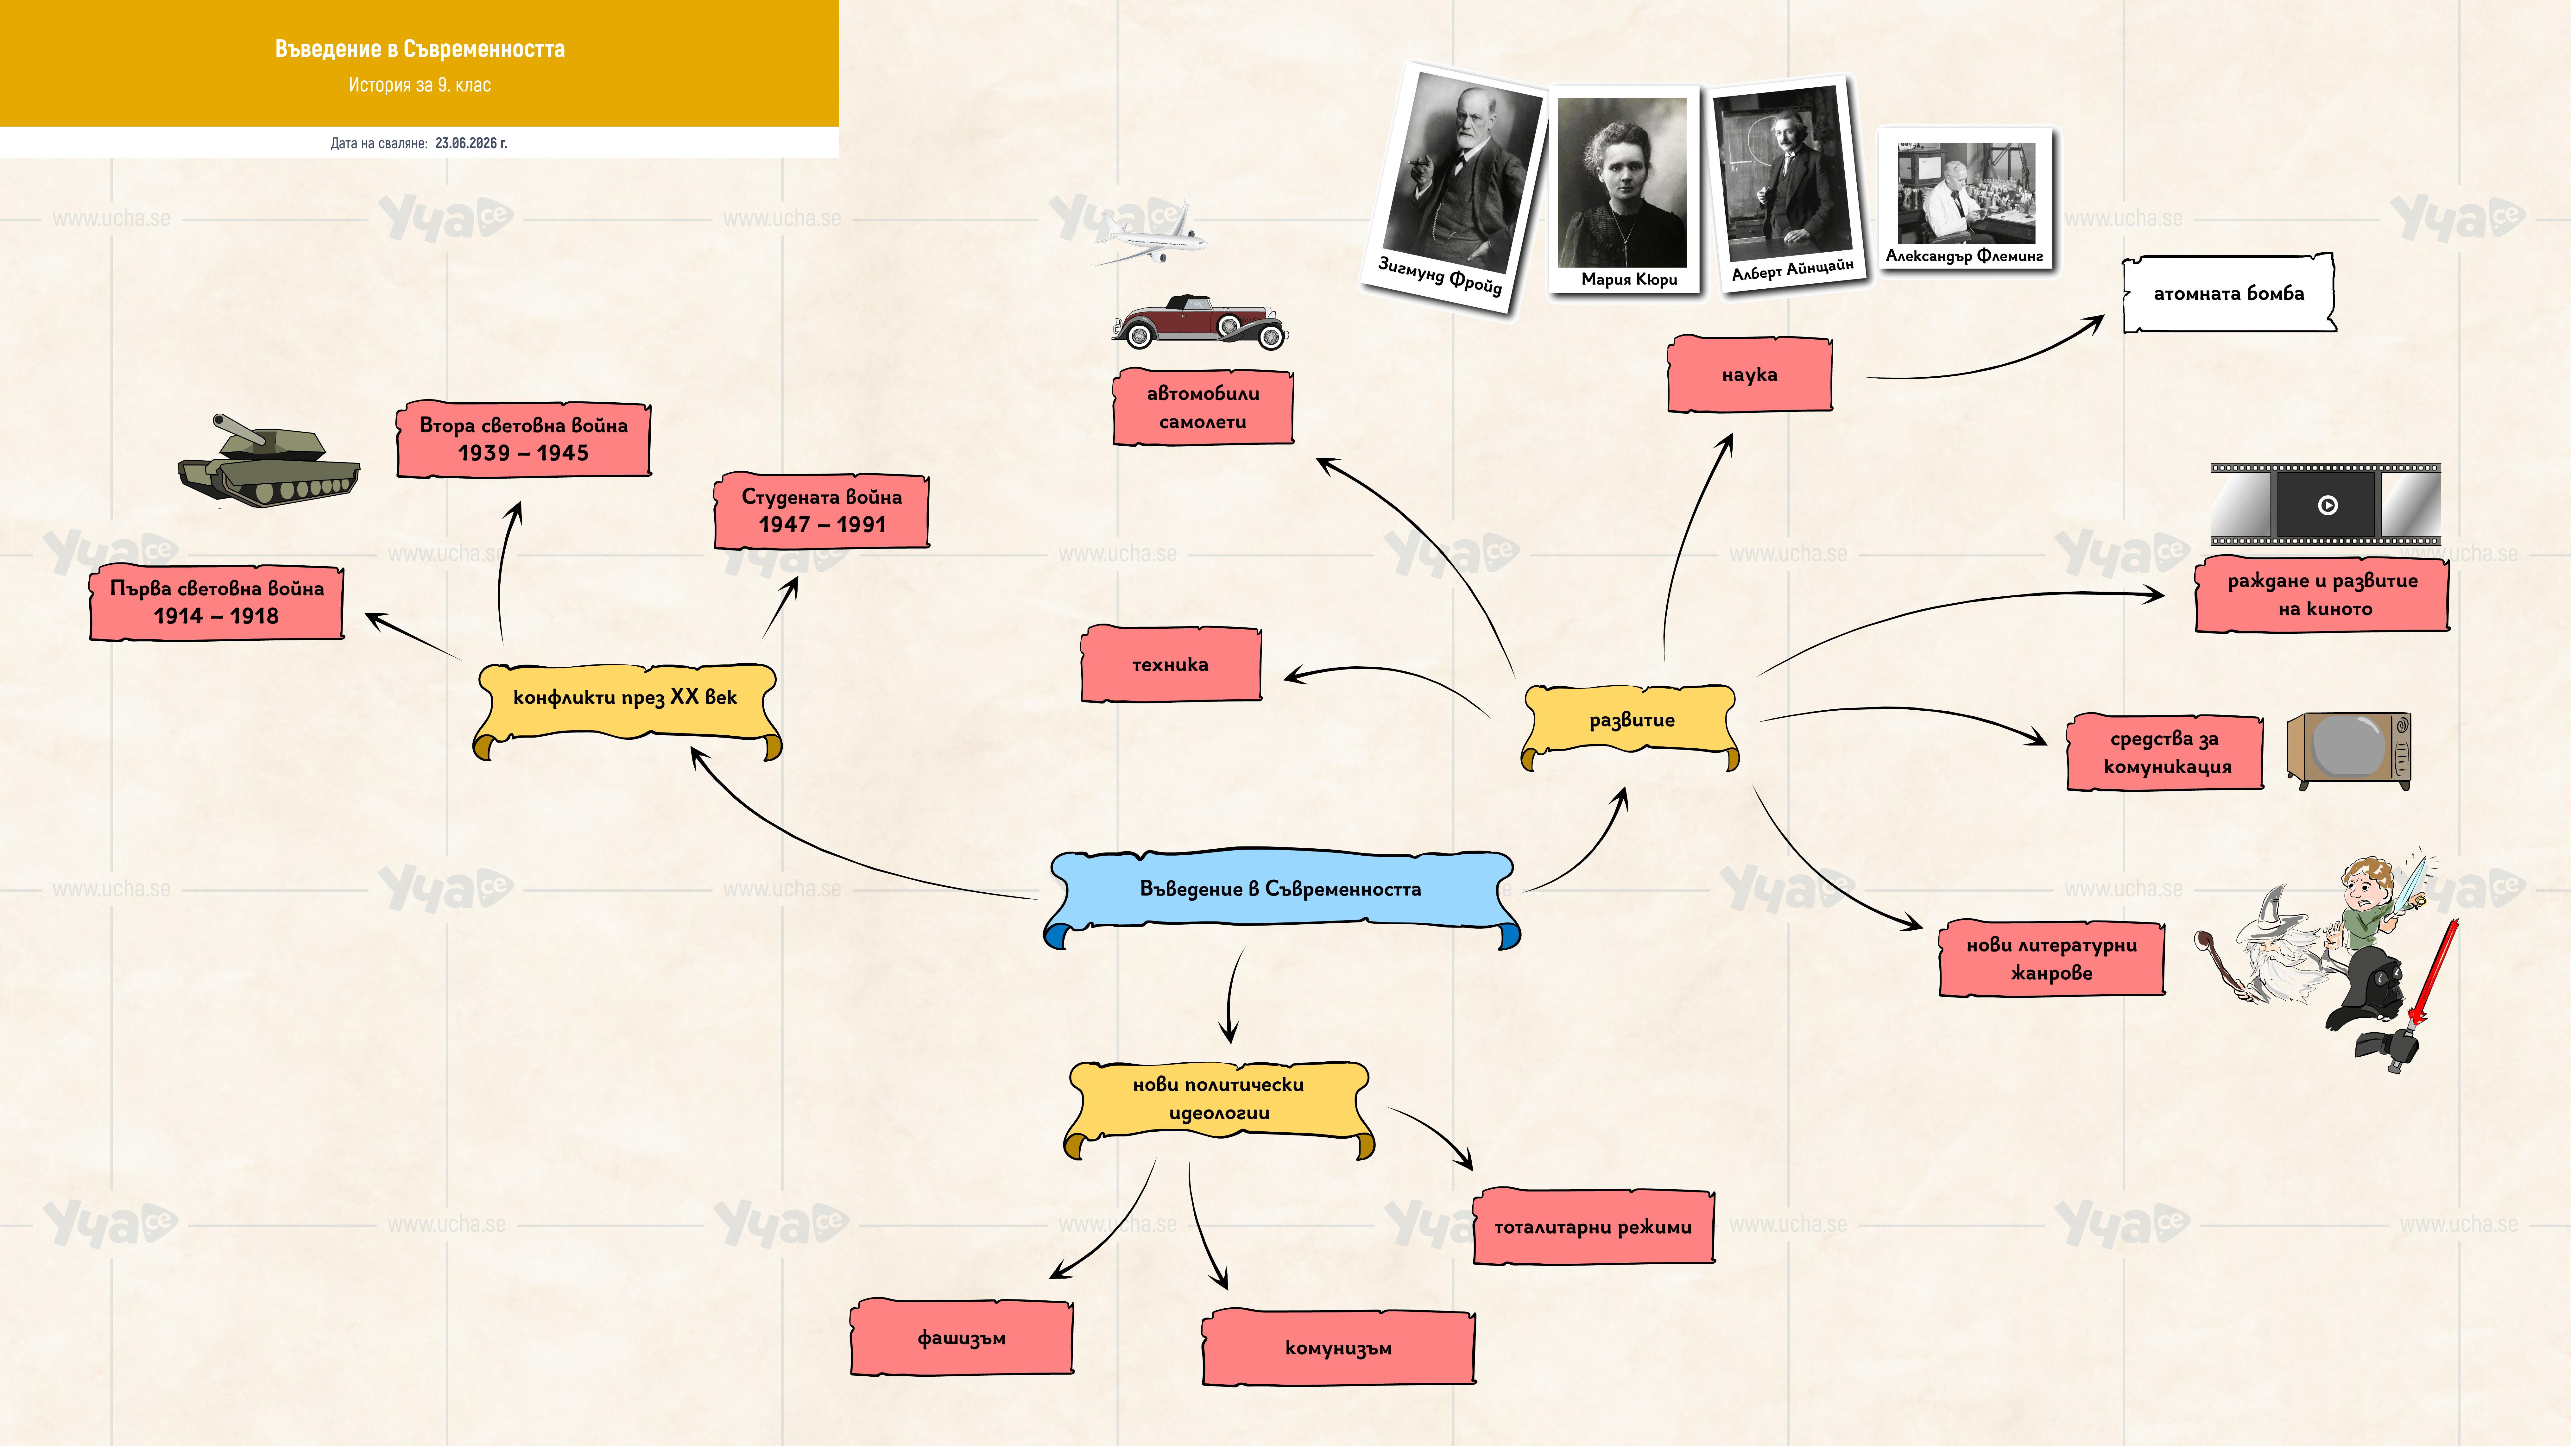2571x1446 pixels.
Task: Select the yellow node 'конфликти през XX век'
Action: coord(626,707)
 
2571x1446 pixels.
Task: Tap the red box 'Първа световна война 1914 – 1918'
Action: coord(217,603)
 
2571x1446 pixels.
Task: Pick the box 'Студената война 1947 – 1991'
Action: coord(821,511)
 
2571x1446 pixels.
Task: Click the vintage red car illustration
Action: coord(1200,321)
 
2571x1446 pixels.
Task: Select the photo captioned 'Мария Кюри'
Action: coord(1624,190)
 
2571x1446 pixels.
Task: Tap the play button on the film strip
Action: coord(2328,505)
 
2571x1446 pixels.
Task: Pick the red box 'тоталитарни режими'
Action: coord(1594,1226)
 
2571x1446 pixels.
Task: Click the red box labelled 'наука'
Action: coord(1750,374)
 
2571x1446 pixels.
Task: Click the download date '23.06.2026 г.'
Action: coord(471,143)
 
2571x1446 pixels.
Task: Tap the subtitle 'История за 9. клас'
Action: coord(419,85)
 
